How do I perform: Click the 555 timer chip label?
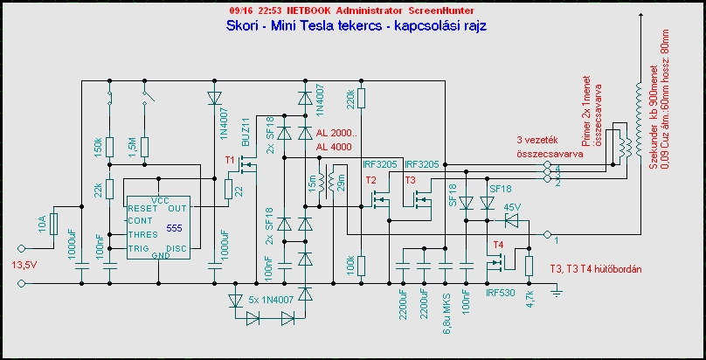click(176, 227)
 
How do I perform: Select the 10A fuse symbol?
click(55, 226)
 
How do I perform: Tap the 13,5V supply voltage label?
click(24, 266)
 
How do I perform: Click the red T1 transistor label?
click(231, 162)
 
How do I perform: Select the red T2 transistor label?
click(370, 180)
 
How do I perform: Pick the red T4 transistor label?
click(499, 244)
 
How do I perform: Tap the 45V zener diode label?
click(513, 207)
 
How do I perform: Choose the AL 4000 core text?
click(336, 146)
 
